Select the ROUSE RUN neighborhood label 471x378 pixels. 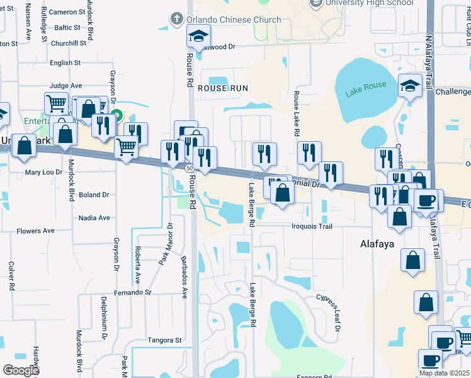point(222,88)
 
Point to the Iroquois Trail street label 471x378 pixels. point(321,226)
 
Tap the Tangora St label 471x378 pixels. point(164,340)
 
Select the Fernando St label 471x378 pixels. point(133,293)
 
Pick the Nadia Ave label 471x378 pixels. point(94,218)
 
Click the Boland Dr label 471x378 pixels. point(94,195)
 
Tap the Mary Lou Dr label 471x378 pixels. point(42,172)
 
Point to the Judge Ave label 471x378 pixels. point(66,86)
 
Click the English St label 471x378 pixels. point(65,63)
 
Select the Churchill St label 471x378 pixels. point(69,43)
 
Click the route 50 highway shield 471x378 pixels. point(189,169)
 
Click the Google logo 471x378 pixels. point(21,370)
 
